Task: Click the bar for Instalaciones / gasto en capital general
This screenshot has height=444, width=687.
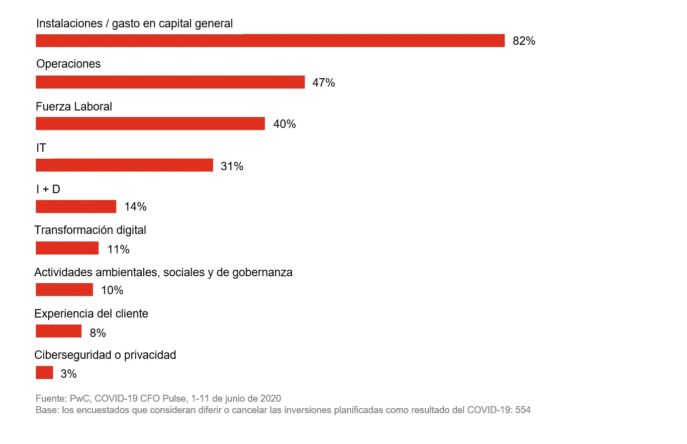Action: [270, 41]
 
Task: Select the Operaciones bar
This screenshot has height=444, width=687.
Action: [170, 82]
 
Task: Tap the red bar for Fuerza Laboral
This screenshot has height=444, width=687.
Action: [150, 123]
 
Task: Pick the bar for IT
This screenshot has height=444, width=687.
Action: [124, 165]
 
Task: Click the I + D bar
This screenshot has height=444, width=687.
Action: [76, 206]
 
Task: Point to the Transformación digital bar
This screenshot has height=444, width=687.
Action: [67, 248]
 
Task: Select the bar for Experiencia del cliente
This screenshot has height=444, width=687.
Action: [59, 331]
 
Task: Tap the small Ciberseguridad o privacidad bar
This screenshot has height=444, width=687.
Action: [44, 372]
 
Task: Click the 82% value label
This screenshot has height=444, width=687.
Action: [524, 41]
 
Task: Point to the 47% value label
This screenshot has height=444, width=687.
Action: [323, 83]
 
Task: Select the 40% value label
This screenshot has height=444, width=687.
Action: [285, 124]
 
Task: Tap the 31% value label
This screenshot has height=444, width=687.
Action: [232, 166]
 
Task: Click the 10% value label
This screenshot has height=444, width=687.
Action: [112, 290]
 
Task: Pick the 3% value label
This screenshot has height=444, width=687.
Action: [69, 374]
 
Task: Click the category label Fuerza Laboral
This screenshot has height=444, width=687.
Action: [74, 107]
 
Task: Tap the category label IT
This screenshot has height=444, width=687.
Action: [41, 148]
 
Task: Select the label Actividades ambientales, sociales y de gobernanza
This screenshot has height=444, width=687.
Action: [163, 272]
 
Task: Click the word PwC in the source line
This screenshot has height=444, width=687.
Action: [79, 398]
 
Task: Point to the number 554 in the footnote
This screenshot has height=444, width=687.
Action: [523, 410]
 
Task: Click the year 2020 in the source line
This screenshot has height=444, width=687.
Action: [271, 398]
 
